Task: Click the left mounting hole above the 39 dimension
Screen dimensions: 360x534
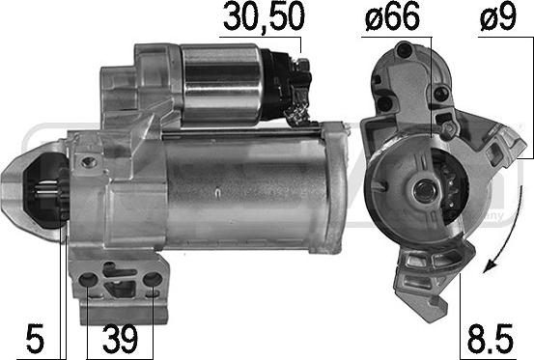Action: pos(89,282)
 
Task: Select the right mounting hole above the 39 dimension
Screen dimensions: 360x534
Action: pos(154,282)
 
